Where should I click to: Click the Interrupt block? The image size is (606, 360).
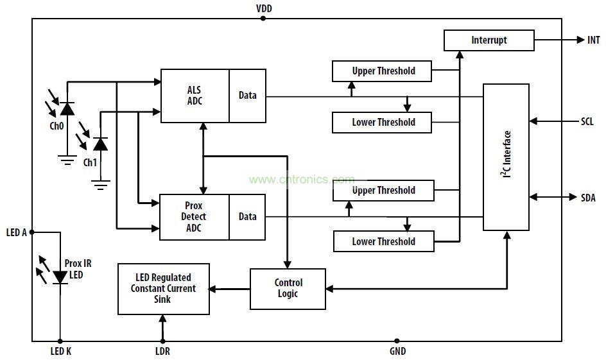click(489, 40)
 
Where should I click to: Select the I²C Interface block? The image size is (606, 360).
click(506, 157)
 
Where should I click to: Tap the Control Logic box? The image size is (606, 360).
click(288, 288)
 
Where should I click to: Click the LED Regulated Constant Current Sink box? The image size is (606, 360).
click(163, 289)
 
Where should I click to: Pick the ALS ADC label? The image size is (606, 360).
click(194, 96)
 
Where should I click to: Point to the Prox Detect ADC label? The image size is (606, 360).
click(194, 217)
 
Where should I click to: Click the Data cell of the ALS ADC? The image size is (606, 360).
click(247, 96)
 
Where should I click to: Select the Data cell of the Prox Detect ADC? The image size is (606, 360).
click(247, 217)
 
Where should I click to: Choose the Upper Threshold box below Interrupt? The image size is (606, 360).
click(383, 71)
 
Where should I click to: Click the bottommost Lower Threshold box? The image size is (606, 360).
click(383, 241)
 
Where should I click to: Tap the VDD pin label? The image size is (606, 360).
click(263, 8)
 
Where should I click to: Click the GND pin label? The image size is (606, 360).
click(397, 351)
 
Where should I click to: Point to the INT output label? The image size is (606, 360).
click(594, 40)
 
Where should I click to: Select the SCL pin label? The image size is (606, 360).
click(587, 121)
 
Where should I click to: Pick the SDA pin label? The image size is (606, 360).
click(587, 198)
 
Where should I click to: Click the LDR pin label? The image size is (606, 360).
click(162, 351)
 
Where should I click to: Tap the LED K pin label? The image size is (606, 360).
click(60, 351)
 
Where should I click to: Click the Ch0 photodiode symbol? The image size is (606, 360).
click(67, 109)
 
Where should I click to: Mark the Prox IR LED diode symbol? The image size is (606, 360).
click(60, 277)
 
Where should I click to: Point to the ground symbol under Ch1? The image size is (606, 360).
click(100, 185)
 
